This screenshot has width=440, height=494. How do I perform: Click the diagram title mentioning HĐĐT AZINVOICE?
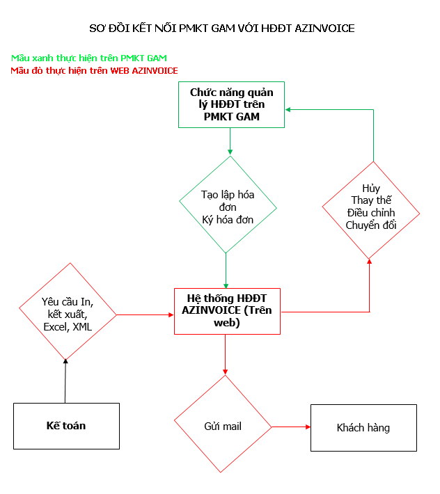222,29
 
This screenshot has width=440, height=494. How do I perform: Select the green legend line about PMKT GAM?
89,58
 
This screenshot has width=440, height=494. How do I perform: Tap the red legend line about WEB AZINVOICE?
94,70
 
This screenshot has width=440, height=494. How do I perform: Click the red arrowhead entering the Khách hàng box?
308,427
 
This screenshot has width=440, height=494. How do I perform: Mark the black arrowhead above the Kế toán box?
65,361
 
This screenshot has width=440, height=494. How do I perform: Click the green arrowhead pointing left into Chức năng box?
288,110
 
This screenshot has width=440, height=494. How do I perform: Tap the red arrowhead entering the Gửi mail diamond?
226,372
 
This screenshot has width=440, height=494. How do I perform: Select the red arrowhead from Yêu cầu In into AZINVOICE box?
171,314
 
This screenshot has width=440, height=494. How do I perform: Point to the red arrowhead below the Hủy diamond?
370,262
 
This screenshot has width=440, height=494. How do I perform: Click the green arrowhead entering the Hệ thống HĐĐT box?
226,285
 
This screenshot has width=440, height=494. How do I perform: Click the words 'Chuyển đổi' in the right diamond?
371,225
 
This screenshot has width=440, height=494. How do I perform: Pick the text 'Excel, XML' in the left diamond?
68,327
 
